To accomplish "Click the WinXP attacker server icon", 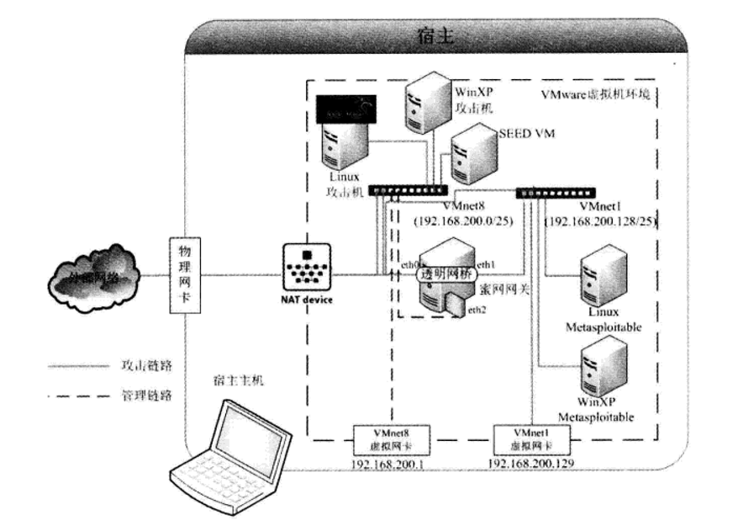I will tap(426, 103).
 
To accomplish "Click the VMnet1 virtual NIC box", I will tap(527, 438).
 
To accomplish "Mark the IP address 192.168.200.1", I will tap(390, 463).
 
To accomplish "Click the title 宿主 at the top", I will tap(435, 37).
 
